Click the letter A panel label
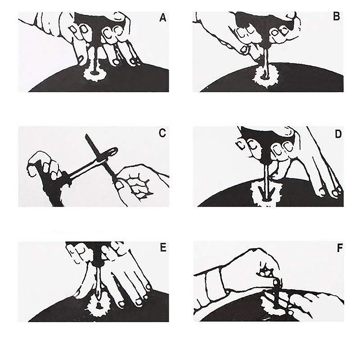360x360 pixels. pos(162,18)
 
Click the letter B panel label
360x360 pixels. pos(337,17)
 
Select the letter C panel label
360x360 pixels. pos(162,133)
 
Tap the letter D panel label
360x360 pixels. pos(338,134)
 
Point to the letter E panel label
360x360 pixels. pos(163,248)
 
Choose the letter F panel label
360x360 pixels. pos(340,248)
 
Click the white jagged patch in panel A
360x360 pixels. pos(94,74)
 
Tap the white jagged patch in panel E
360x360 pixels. pos(98,305)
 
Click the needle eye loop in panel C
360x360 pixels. pos(112,152)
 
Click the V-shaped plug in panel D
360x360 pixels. pos(266,193)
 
